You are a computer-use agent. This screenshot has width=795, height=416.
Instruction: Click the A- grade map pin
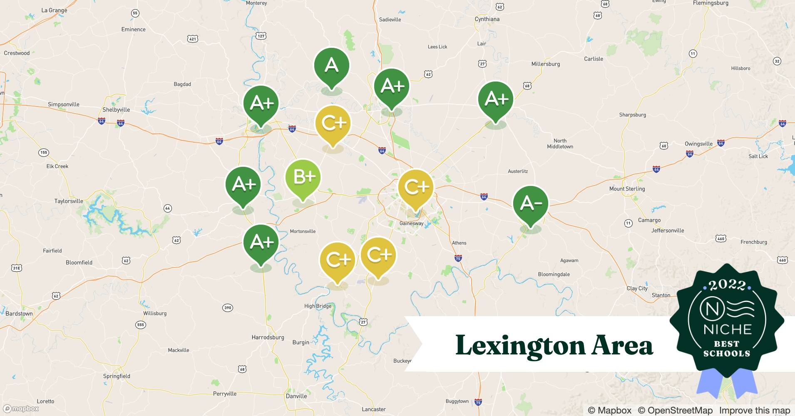tap(530, 203)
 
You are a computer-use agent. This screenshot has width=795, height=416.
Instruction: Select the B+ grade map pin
tap(303, 177)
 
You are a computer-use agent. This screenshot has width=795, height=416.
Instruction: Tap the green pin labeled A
tap(331, 65)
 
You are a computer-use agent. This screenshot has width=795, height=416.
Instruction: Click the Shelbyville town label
tap(116, 110)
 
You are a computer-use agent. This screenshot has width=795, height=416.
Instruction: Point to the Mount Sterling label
tap(627, 189)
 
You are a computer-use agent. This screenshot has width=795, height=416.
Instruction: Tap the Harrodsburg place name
tap(268, 337)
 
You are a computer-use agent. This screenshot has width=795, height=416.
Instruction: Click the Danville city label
tap(296, 396)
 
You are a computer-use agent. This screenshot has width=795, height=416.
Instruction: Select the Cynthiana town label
tap(487, 19)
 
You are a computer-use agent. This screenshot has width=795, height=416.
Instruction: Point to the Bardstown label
tap(19, 314)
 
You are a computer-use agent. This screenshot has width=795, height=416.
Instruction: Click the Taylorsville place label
tap(69, 201)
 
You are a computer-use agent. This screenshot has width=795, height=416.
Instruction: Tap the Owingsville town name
tap(698, 144)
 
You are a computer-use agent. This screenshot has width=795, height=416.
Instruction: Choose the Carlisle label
tap(593, 59)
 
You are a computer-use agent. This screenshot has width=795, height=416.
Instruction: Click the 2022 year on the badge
tap(727, 285)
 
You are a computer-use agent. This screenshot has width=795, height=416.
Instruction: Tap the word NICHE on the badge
tap(727, 329)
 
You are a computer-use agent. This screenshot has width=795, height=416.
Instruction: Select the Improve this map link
tap(754, 411)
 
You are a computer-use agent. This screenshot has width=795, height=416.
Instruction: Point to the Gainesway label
tap(411, 223)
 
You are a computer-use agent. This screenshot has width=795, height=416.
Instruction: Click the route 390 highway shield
tap(227, 308)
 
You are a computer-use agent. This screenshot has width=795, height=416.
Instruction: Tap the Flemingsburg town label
tap(711, 3)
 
